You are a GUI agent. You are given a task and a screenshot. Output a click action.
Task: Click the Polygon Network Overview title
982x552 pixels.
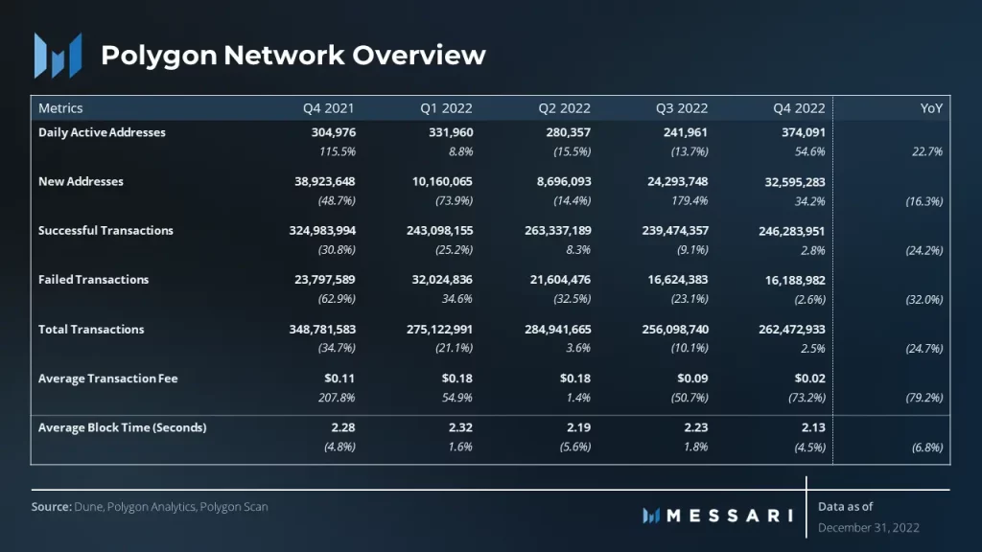(x=293, y=55)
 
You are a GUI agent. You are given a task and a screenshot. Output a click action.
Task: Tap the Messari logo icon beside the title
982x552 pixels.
(x=58, y=55)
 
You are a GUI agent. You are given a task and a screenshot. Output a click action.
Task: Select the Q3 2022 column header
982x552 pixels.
(x=680, y=108)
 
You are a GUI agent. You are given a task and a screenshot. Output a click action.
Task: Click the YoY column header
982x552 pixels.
(x=931, y=108)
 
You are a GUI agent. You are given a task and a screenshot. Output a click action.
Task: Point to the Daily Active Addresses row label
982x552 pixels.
(x=102, y=132)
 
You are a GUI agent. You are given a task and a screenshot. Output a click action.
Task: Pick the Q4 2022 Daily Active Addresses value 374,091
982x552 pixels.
(x=799, y=132)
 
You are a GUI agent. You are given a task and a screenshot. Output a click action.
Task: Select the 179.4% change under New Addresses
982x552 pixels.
(x=689, y=200)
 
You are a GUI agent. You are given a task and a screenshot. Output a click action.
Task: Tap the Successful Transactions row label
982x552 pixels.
(x=105, y=231)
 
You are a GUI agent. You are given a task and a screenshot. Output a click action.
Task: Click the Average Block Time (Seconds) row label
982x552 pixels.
(x=122, y=427)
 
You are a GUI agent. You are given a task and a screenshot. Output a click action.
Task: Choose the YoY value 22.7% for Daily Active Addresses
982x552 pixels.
(x=927, y=151)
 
